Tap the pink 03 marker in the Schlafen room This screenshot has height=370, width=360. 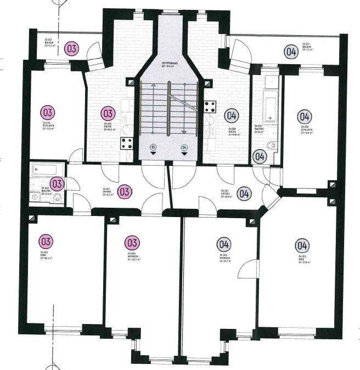point(48,113)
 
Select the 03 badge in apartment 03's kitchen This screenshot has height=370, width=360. point(109,113)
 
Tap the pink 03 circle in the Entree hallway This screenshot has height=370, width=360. point(125,192)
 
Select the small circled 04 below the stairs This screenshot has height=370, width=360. point(184,147)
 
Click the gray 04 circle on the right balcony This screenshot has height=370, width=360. point(291,52)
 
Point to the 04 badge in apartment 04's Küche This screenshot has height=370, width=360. point(232,116)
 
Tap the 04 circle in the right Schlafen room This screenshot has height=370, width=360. point(305,117)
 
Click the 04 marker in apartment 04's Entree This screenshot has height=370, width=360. point(245,193)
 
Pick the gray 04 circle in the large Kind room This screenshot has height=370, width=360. point(301,245)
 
